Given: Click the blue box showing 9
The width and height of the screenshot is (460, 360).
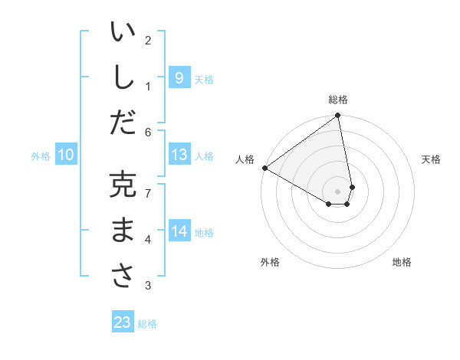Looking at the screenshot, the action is (x=179, y=77).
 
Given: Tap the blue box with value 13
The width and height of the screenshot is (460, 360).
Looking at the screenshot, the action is (x=179, y=155).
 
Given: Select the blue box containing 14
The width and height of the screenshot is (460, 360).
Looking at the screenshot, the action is (x=179, y=231).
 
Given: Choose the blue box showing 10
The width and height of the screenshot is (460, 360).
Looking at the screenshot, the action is (x=65, y=155).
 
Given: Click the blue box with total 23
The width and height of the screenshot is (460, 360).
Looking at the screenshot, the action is (x=122, y=322).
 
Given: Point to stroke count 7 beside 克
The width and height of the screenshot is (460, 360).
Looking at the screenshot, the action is (x=148, y=192).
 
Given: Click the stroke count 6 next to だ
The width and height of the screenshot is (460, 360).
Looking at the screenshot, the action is (x=148, y=131).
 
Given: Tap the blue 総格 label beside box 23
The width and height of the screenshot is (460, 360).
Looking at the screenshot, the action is (x=147, y=324).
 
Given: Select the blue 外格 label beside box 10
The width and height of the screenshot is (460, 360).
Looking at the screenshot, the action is (x=41, y=156).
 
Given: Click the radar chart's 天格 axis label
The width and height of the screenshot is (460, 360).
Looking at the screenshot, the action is (x=431, y=159).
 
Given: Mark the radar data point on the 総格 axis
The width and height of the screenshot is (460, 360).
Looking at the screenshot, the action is (x=337, y=116).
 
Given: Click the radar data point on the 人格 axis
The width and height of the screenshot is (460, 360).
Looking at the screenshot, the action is (x=264, y=168).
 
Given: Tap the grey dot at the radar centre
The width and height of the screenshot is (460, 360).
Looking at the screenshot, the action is (x=337, y=190).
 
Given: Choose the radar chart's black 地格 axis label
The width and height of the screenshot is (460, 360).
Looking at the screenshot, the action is (x=402, y=262).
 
